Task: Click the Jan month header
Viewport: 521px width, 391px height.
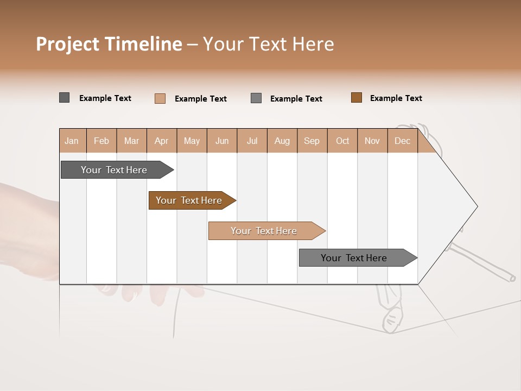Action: pyautogui.click(x=72, y=141)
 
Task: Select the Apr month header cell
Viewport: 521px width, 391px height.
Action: pyautogui.click(x=161, y=141)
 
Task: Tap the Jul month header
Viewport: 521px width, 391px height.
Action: pyautogui.click(x=252, y=141)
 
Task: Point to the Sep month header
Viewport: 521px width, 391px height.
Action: pyautogui.click(x=312, y=141)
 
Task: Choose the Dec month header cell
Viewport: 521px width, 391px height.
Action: pyautogui.click(x=402, y=141)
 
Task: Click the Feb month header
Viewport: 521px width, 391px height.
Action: pyautogui.click(x=101, y=141)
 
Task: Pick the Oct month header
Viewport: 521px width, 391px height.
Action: pyautogui.click(x=342, y=141)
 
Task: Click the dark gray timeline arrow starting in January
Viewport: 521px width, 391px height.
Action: pyautogui.click(x=114, y=170)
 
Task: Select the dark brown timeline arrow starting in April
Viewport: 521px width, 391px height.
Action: pyautogui.click(x=189, y=200)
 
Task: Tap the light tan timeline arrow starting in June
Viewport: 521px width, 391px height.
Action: pyautogui.click(x=264, y=231)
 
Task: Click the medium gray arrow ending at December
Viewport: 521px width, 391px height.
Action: pyautogui.click(x=354, y=258)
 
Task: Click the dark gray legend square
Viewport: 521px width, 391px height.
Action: pyautogui.click(x=64, y=98)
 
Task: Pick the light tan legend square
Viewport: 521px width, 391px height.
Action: pyautogui.click(x=160, y=98)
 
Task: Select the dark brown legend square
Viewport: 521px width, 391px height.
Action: pyautogui.click(x=356, y=98)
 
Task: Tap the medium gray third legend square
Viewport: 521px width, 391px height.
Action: pyautogui.click(x=256, y=98)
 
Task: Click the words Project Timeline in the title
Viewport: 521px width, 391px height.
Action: pyautogui.click(x=109, y=44)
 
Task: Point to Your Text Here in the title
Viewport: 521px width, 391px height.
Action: pyautogui.click(x=268, y=44)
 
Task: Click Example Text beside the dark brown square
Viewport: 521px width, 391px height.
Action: pyautogui.click(x=396, y=98)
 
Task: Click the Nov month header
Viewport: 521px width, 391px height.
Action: pyautogui.click(x=372, y=141)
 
